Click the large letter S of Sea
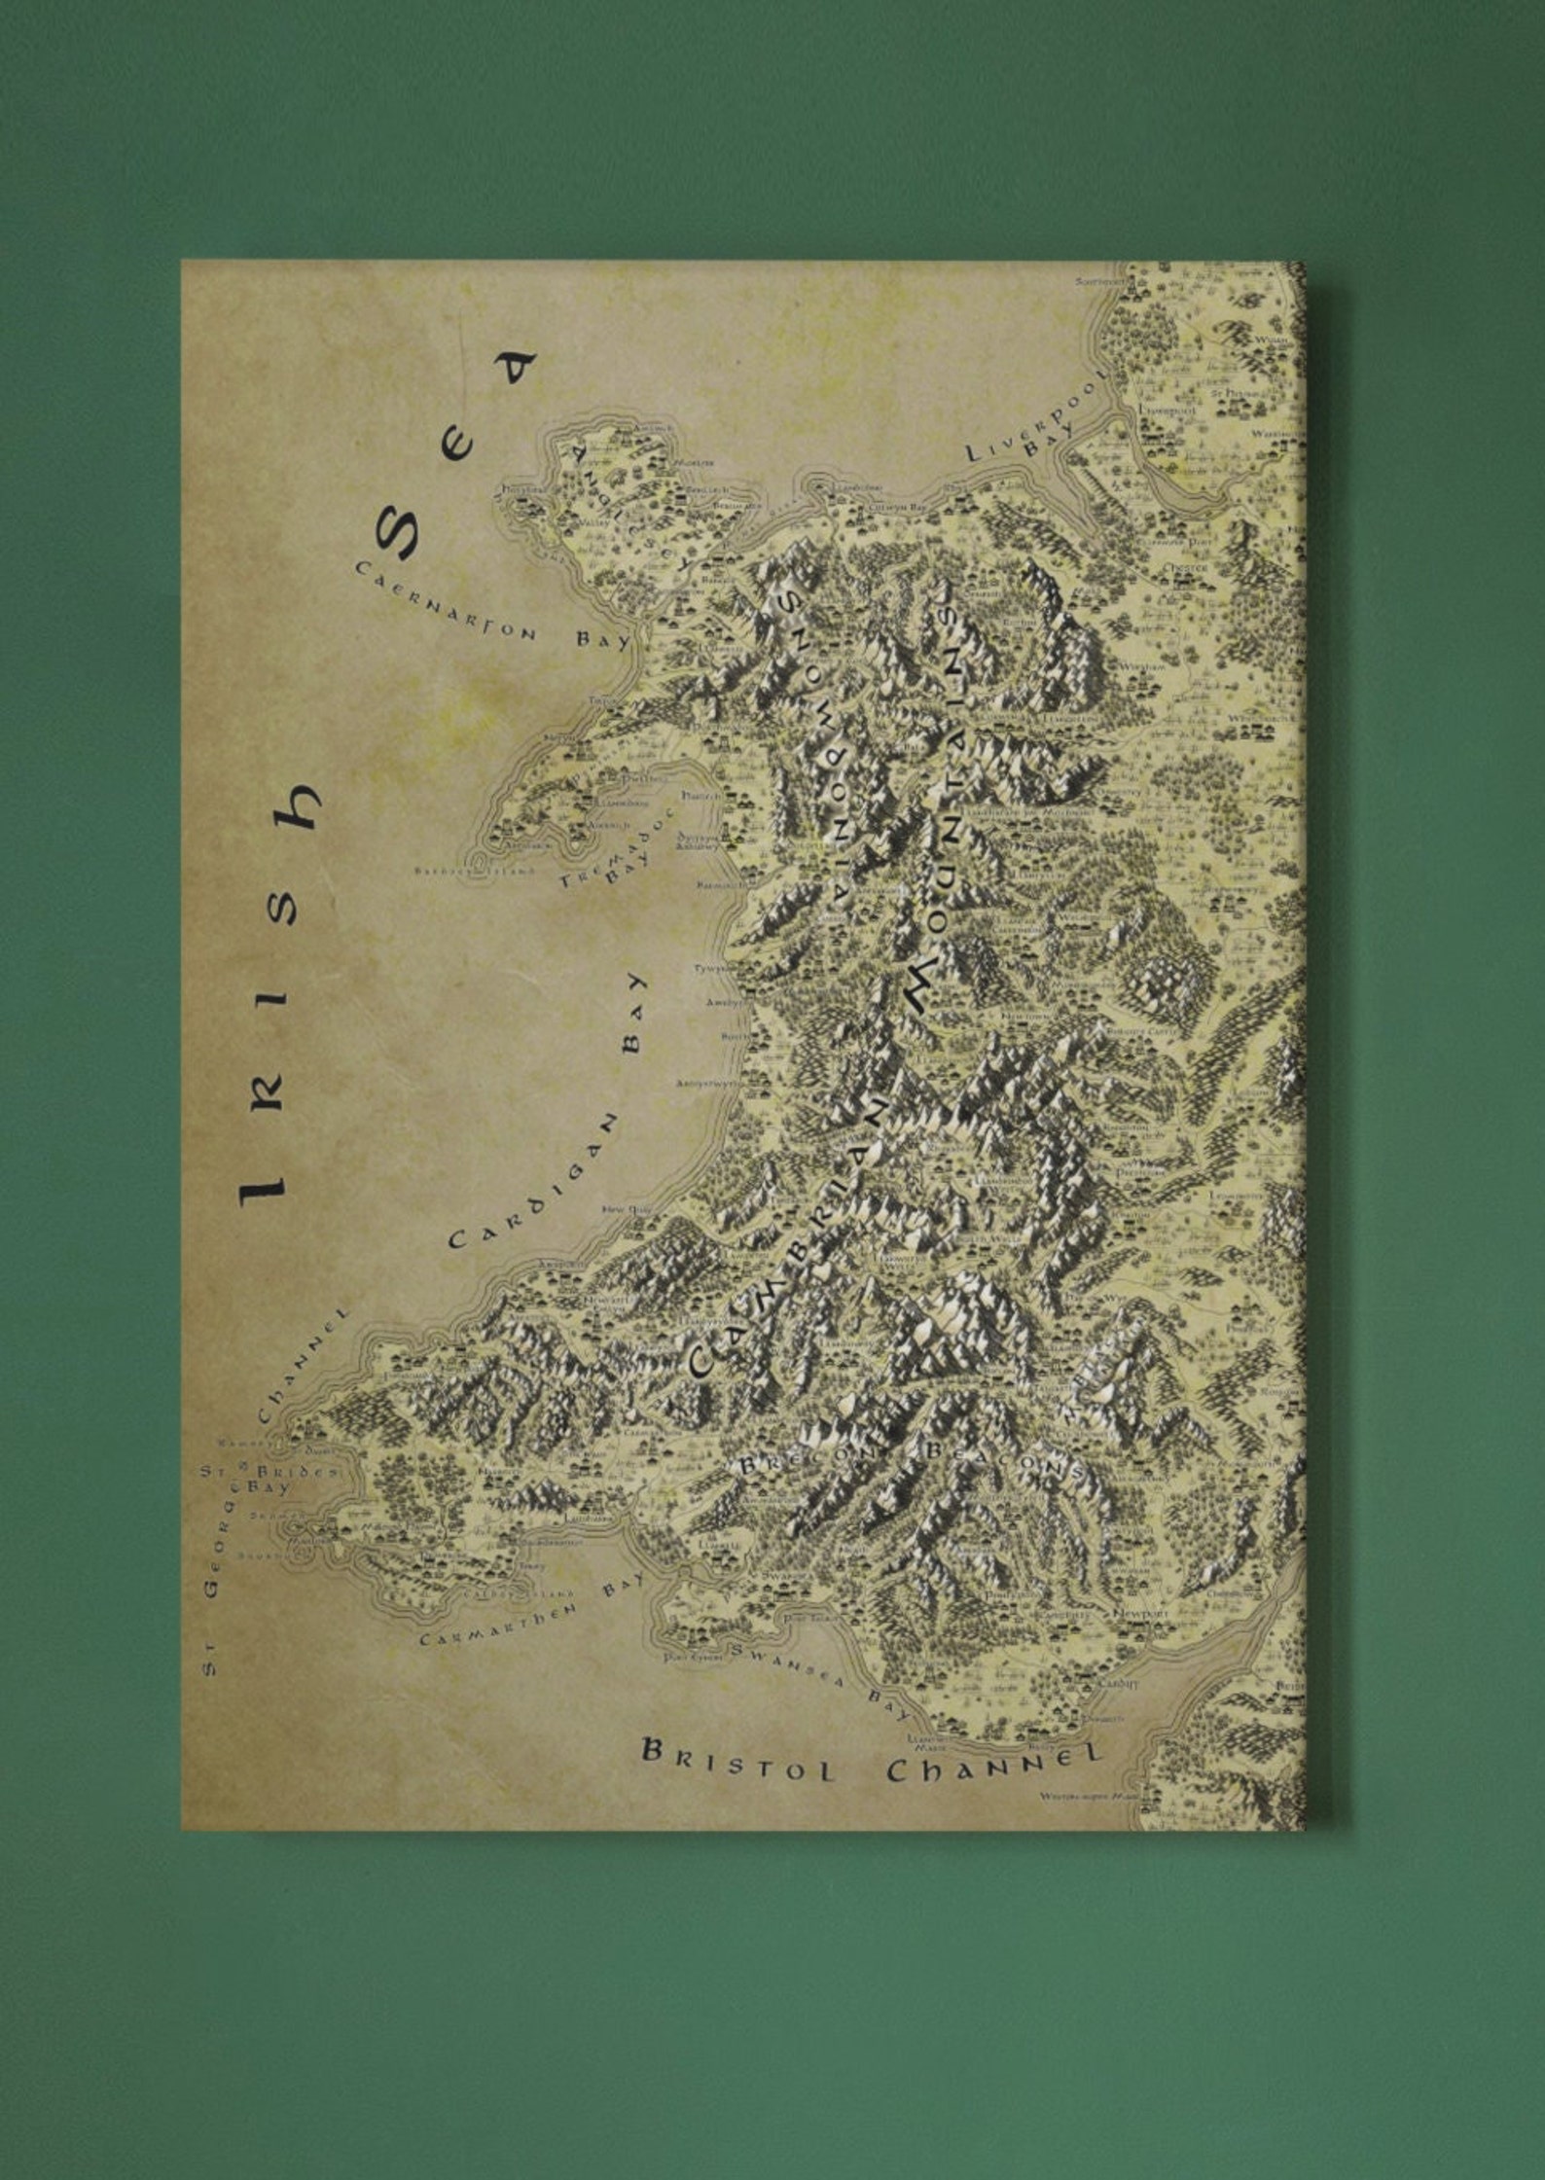point(397,534)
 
